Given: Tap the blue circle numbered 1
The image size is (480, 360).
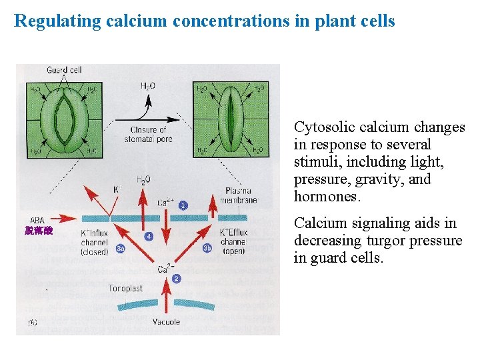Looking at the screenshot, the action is (183, 205).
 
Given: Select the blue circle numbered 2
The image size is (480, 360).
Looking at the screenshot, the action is (176, 279).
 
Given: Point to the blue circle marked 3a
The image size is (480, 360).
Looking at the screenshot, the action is (120, 249).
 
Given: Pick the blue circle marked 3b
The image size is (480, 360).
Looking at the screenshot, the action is (207, 248).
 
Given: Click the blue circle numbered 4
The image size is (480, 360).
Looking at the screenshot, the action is (149, 236).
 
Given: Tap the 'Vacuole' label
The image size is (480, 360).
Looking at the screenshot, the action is (166, 322).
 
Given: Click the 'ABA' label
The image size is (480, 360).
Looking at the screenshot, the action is (38, 221).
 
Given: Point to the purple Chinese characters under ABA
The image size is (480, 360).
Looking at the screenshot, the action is (39, 231).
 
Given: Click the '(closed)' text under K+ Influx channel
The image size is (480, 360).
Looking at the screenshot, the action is (94, 252).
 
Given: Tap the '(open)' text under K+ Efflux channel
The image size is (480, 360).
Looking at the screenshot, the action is (233, 251).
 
